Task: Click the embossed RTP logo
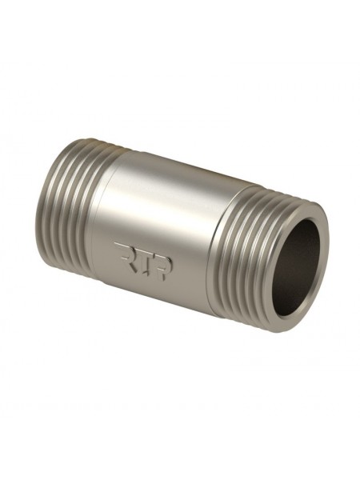tap(143, 261)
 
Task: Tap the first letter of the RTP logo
tap(122, 252)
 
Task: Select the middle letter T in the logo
tap(142, 261)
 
